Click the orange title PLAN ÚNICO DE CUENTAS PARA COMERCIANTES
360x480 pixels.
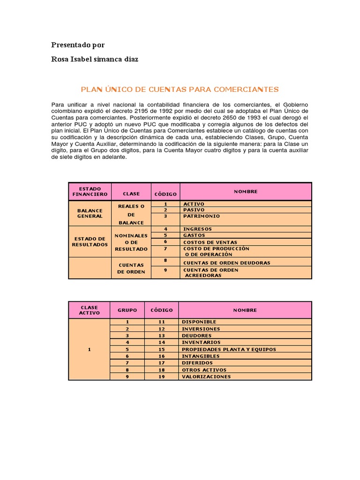coord(180,89)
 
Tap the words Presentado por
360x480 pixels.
coord(78,45)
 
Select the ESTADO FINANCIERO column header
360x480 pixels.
coord(90,191)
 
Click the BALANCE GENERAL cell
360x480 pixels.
coord(90,213)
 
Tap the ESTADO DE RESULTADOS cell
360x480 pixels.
coord(90,241)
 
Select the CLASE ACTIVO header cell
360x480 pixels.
coord(90,310)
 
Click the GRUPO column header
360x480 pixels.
coord(127,310)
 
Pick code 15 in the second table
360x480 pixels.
coord(162,349)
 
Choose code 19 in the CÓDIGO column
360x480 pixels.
coord(162,376)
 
